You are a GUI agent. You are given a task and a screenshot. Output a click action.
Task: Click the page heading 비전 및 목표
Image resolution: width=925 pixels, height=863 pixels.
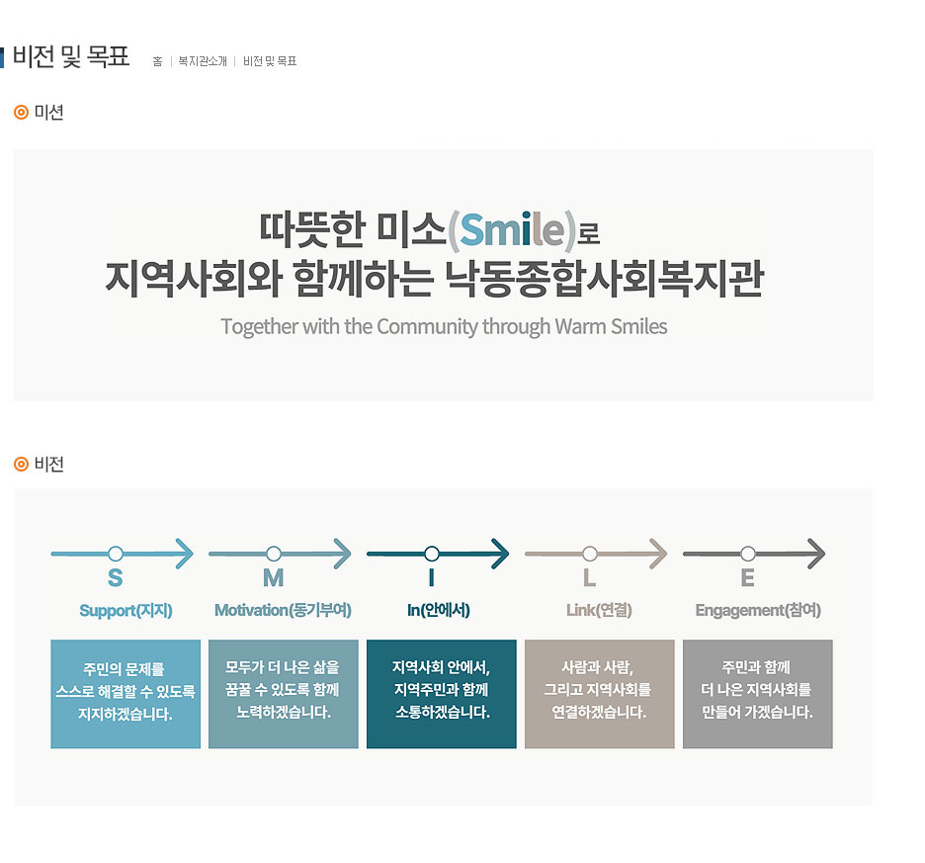[x=71, y=56]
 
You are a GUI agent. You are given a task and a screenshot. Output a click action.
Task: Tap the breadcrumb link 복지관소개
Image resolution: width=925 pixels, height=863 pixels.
[x=203, y=61]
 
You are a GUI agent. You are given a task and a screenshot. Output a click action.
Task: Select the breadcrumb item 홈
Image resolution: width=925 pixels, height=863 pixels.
[x=157, y=61]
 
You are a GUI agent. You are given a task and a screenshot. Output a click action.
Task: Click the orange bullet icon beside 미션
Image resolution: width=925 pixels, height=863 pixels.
[x=21, y=112]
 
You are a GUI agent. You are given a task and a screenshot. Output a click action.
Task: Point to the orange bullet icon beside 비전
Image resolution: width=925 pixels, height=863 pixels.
[x=21, y=465]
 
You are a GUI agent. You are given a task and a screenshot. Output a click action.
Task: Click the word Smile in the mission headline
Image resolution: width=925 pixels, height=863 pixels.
[x=512, y=229]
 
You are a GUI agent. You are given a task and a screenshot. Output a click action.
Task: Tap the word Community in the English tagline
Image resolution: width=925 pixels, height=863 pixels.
[x=427, y=326]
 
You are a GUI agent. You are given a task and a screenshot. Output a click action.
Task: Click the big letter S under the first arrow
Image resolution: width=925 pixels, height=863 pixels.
[x=116, y=578]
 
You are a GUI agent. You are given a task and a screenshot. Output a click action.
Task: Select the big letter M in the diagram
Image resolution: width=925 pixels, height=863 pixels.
[x=273, y=578]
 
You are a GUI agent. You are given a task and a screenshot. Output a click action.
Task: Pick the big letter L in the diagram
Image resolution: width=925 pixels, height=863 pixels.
[x=589, y=578]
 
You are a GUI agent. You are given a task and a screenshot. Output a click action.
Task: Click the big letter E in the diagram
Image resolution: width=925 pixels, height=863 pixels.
[x=747, y=578]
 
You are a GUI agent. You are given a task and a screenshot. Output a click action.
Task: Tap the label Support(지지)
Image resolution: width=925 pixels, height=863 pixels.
[x=126, y=610]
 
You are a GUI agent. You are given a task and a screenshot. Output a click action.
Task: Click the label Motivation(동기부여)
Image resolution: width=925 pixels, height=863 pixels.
[x=284, y=610]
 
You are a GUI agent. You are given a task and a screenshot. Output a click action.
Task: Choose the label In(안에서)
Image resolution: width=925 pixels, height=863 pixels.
[x=439, y=610]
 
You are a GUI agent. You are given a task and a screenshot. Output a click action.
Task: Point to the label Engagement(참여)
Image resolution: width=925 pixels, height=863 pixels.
[x=758, y=610]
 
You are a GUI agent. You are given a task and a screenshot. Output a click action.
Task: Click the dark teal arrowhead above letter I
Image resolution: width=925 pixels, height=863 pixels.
[x=501, y=554]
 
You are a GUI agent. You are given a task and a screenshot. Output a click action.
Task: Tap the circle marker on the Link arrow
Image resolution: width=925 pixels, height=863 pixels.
[x=590, y=554]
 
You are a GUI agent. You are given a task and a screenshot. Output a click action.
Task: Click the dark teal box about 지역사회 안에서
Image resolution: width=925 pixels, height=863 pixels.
[x=442, y=694]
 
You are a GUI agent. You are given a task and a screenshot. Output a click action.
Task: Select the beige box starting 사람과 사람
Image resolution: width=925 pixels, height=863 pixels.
[x=599, y=694]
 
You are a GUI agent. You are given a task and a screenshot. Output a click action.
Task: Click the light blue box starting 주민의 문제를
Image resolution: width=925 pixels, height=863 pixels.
[x=126, y=694]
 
